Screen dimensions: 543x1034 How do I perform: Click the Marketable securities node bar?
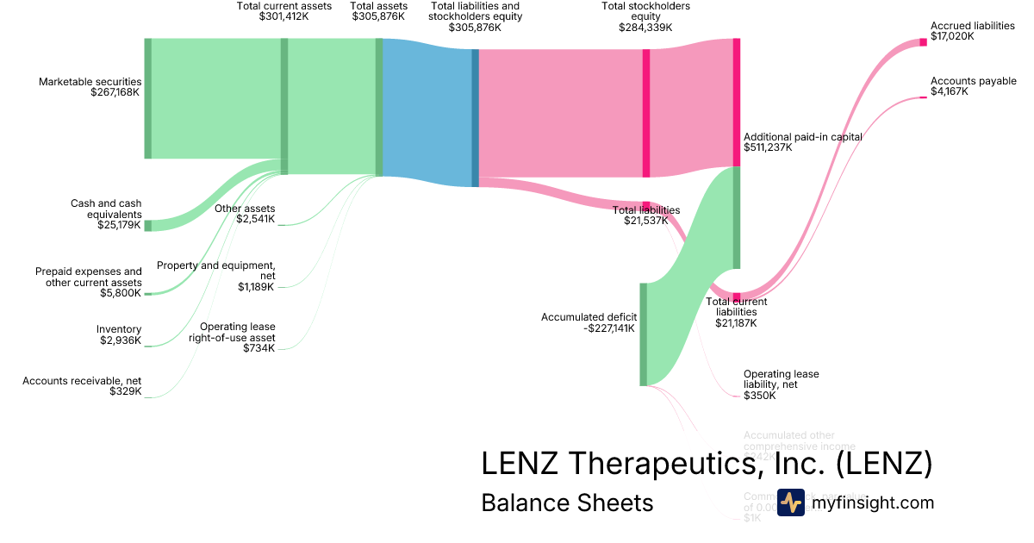(147, 98)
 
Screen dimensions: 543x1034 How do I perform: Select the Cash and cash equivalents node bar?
(147, 226)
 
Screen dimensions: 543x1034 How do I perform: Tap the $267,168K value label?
(115, 92)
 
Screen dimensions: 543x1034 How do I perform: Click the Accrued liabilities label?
(972, 26)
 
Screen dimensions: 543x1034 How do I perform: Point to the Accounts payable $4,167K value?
(949, 91)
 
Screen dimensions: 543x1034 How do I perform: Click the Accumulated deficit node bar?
(643, 334)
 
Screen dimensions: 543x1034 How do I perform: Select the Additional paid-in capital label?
(802, 137)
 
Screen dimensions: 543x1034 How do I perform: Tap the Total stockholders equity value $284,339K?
(645, 28)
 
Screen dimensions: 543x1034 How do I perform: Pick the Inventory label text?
(119, 329)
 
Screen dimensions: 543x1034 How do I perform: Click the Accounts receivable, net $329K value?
(125, 391)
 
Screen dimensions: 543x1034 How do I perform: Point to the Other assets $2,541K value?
(256, 219)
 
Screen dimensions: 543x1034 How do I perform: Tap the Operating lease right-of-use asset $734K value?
(258, 348)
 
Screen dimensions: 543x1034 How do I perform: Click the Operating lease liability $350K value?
(760, 396)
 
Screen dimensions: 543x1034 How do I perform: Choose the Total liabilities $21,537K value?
(646, 221)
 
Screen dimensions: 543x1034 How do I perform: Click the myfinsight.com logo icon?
(790, 502)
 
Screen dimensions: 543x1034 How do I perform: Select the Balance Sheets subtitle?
(567, 502)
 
